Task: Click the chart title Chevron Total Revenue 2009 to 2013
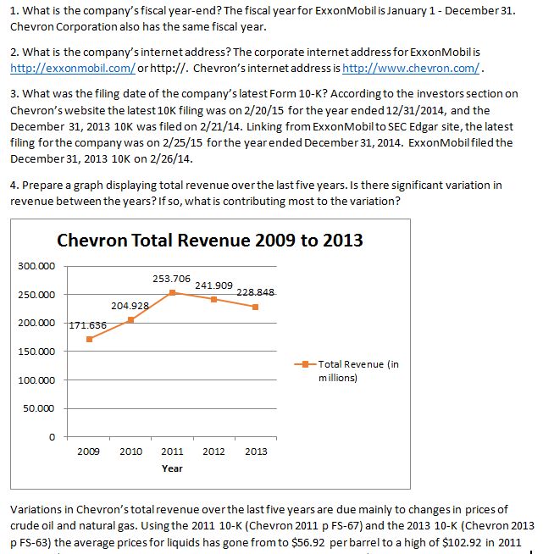(210, 241)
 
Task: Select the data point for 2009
(90, 339)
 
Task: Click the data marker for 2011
(173, 292)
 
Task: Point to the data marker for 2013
(255, 307)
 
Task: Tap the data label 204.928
(130, 305)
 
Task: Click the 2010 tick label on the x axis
(130, 452)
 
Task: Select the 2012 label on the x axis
(213, 452)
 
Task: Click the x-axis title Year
(172, 468)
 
